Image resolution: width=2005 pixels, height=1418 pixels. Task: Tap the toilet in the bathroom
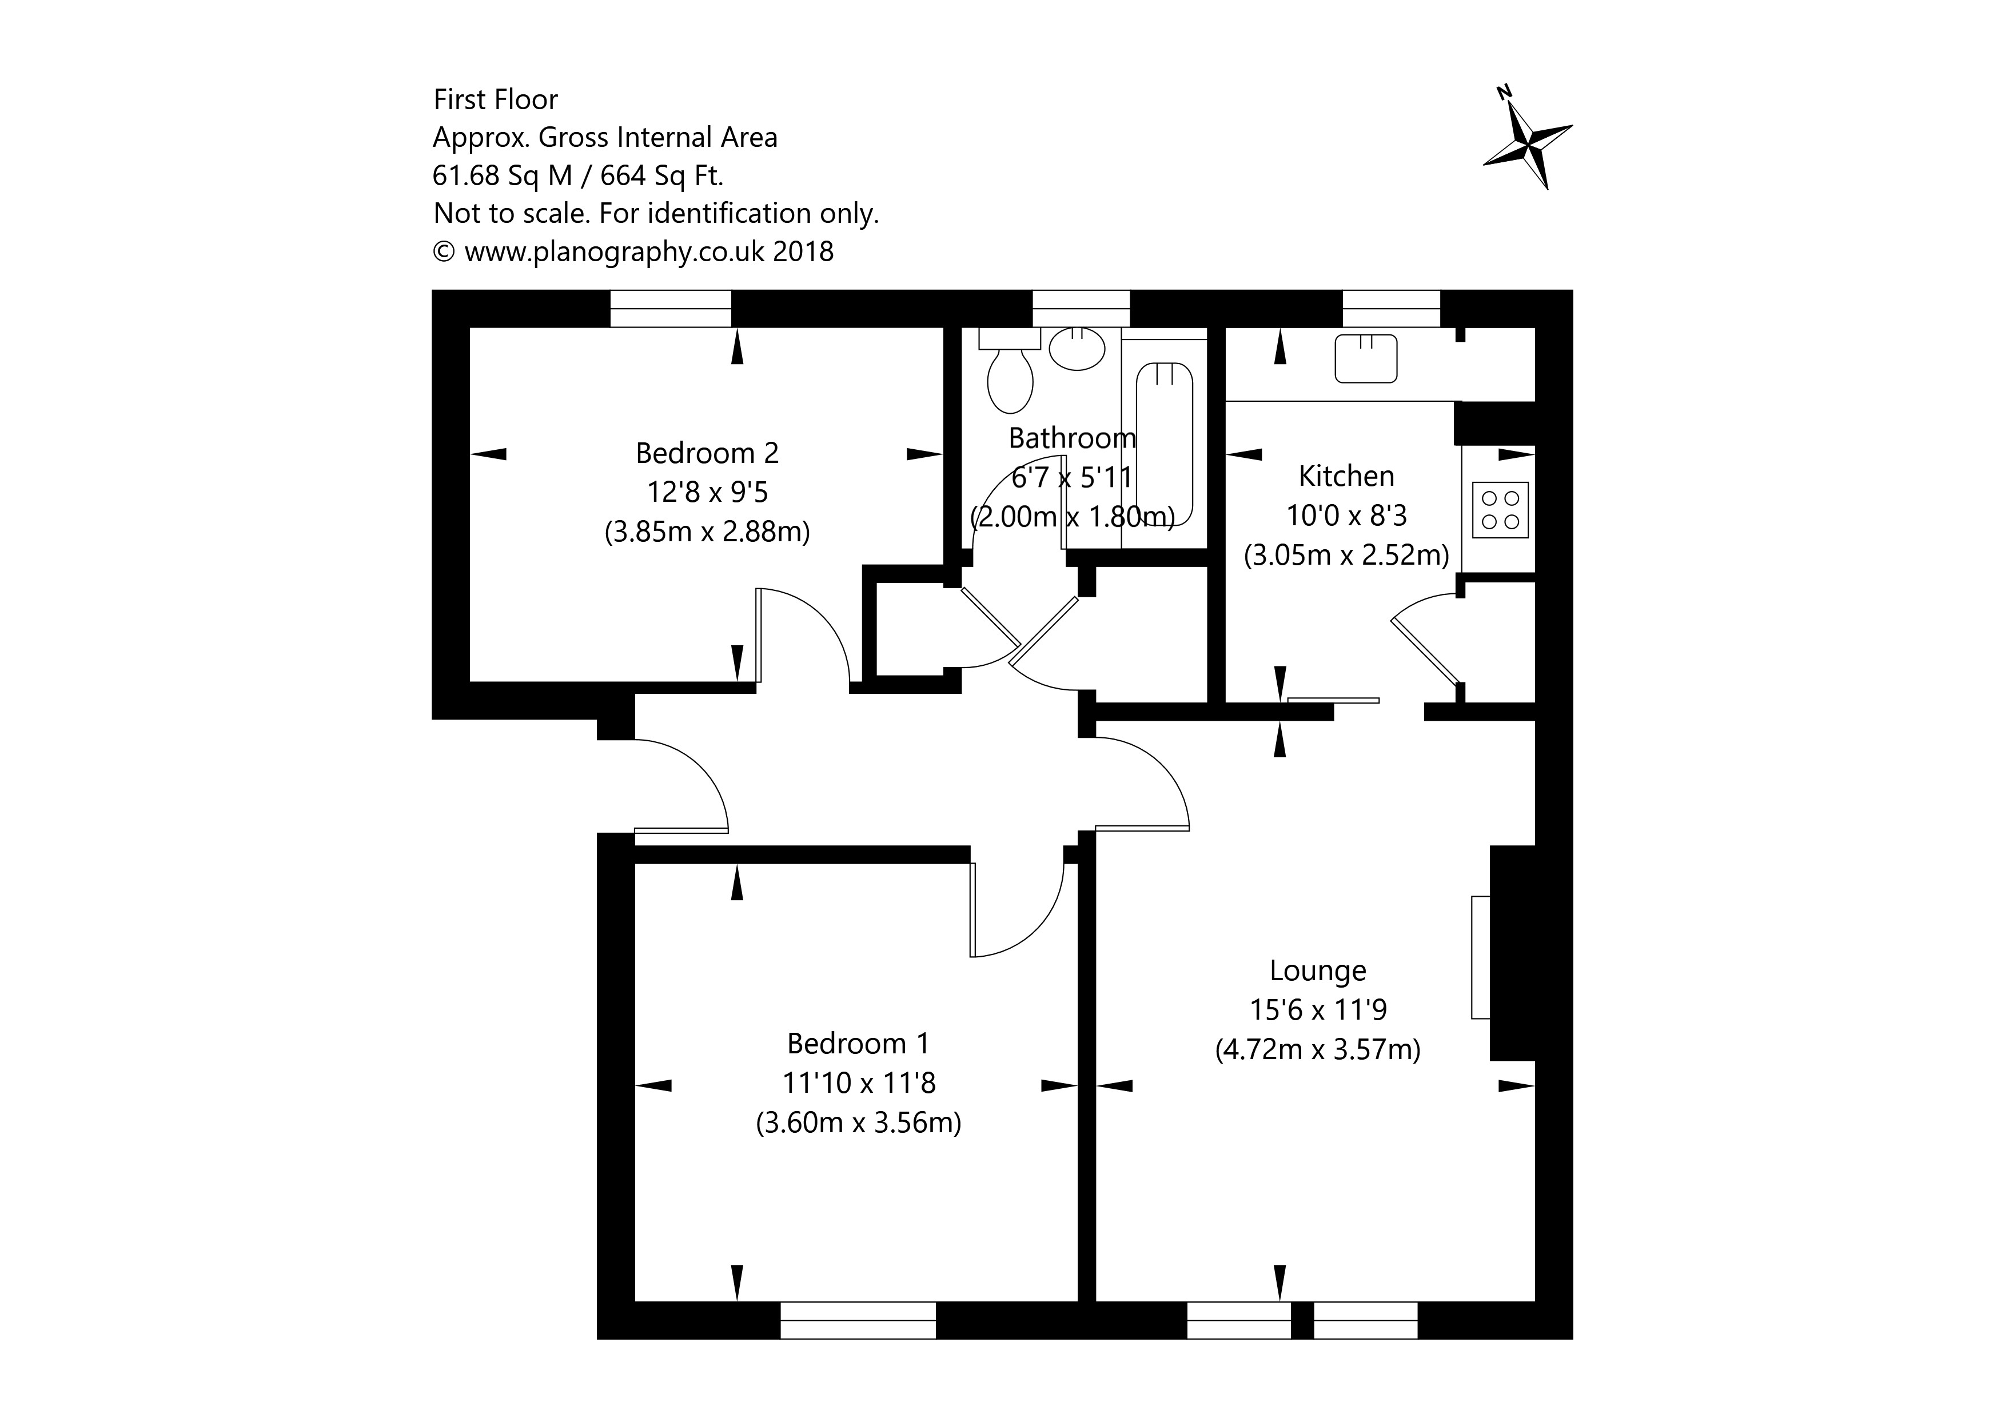pyautogui.click(x=1010, y=377)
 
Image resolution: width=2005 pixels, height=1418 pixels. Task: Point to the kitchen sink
pyautogui.click(x=1366, y=358)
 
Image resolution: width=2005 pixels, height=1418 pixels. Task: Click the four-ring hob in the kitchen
pyautogui.click(x=1500, y=510)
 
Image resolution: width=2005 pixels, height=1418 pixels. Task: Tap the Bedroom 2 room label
pyautogui.click(x=707, y=453)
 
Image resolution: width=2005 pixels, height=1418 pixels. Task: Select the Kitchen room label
pyautogui.click(x=1346, y=476)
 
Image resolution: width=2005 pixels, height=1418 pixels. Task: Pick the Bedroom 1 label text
pyautogui.click(x=858, y=1044)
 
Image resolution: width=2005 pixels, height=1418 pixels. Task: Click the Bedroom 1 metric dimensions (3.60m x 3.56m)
pyautogui.click(x=858, y=1122)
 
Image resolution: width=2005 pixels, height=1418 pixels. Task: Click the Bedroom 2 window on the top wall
pyautogui.click(x=670, y=308)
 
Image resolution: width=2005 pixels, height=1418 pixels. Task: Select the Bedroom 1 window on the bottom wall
pyautogui.click(x=858, y=1320)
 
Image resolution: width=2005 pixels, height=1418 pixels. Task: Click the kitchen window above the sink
pyautogui.click(x=1390, y=308)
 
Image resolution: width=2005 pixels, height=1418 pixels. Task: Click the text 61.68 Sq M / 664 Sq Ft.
pyautogui.click(x=577, y=175)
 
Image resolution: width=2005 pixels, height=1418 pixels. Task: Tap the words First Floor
pyautogui.click(x=495, y=99)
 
